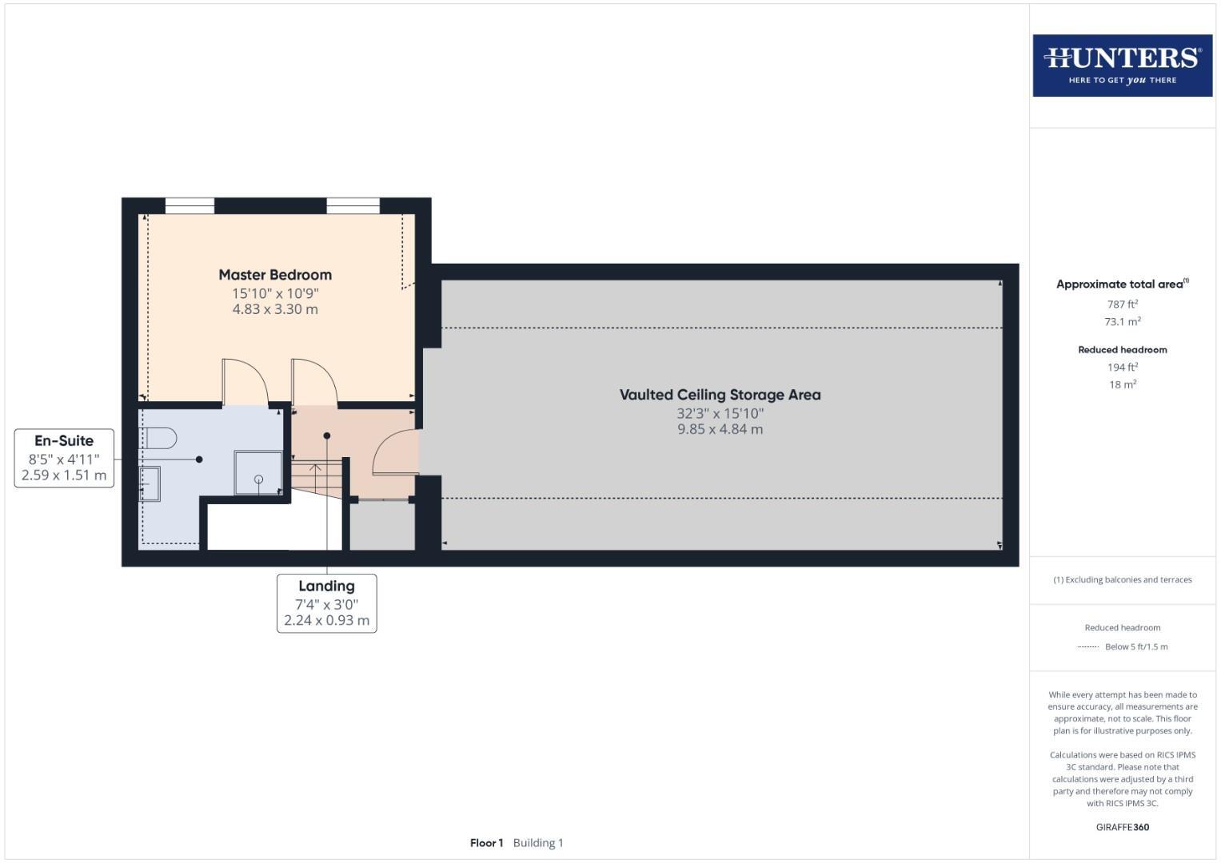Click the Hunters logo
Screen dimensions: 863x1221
[x=1122, y=65]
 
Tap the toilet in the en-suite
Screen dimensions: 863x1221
[x=161, y=438]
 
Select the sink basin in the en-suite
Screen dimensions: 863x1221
[x=150, y=483]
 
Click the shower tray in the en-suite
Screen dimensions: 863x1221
[x=257, y=472]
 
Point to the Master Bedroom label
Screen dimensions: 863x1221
[x=275, y=275]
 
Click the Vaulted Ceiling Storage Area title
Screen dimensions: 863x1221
[x=720, y=395]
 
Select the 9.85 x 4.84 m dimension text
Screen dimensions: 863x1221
[x=720, y=429]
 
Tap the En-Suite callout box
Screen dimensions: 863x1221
[x=64, y=458]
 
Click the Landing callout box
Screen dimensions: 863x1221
[x=326, y=603]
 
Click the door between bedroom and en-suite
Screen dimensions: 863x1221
[x=245, y=383]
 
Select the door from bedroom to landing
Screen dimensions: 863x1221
[x=314, y=383]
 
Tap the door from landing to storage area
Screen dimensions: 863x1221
[x=397, y=453]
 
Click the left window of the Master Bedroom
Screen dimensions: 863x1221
[x=190, y=206]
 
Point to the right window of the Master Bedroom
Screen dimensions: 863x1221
[x=353, y=206]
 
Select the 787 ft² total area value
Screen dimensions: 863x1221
[x=1122, y=304]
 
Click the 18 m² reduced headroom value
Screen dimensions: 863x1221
[x=1122, y=384]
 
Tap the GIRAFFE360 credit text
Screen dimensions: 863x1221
[x=1122, y=827]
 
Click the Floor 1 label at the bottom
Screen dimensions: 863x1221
[x=486, y=843]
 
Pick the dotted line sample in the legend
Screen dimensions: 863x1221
[x=1087, y=647]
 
